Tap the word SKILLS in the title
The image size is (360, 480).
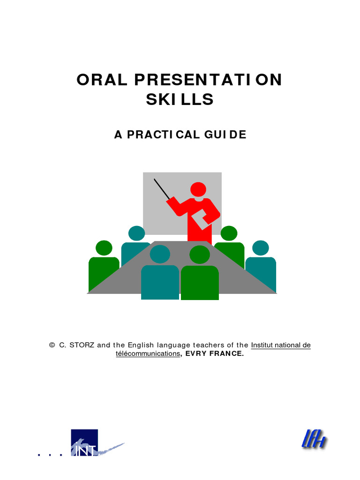[180, 99]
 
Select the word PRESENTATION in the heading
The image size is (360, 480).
[208, 80]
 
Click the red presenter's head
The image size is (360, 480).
[198, 189]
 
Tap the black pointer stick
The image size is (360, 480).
[162, 189]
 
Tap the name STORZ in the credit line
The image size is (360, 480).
[82, 345]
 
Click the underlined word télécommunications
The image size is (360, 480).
[148, 354]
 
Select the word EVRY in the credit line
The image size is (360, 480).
[196, 354]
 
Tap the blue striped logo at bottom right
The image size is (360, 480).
[314, 440]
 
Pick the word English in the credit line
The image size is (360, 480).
[143, 345]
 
